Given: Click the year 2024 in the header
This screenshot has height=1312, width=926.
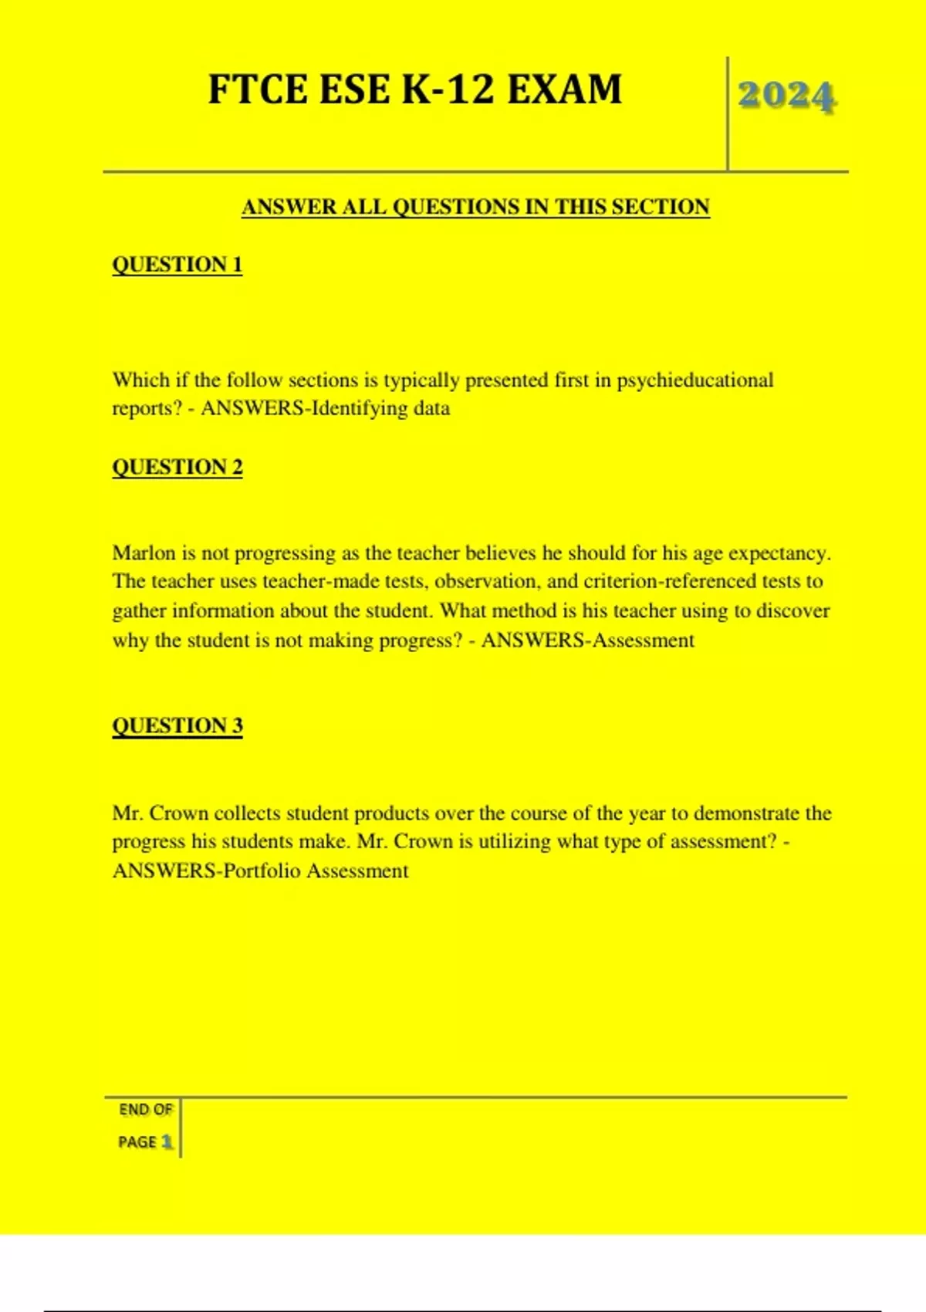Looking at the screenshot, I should pyautogui.click(x=786, y=96).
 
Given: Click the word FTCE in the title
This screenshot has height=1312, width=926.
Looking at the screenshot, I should pyautogui.click(x=259, y=90).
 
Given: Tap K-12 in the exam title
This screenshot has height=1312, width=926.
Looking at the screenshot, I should pyautogui.click(x=448, y=90).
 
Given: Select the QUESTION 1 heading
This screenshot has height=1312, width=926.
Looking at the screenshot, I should pyautogui.click(x=177, y=265).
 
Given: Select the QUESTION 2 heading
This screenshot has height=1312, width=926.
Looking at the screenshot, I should pyautogui.click(x=177, y=468).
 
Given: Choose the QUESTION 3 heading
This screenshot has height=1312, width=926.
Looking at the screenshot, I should pyautogui.click(x=177, y=726).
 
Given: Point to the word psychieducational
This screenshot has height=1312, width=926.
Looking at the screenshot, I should pyautogui.click(x=694, y=380).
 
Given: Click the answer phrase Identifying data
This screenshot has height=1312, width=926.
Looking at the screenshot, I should pyautogui.click(x=380, y=408).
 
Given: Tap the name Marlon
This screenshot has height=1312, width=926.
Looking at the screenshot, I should pyautogui.click(x=144, y=553).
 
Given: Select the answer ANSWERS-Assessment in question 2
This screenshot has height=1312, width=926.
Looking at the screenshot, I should pyautogui.click(x=588, y=641).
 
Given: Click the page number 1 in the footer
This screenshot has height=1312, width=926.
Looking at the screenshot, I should pyautogui.click(x=167, y=1142).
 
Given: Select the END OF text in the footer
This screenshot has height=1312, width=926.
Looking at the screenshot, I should pyautogui.click(x=145, y=1110).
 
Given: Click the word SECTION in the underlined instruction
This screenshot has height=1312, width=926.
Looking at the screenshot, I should pyautogui.click(x=661, y=207).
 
